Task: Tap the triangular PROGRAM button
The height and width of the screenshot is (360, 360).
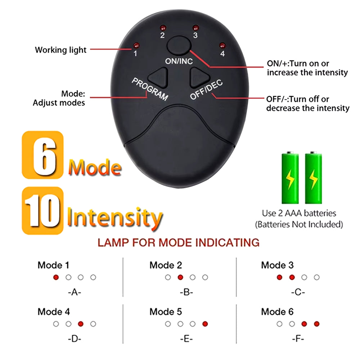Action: point(159,77)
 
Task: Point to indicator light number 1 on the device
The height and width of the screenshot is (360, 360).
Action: point(136,45)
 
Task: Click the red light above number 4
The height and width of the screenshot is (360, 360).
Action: point(222,45)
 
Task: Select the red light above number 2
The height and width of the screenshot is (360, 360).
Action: point(163,28)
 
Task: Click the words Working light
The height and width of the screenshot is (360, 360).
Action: point(60,50)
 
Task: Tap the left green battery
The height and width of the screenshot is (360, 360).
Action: point(290,177)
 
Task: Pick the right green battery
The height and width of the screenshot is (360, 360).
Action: point(314,177)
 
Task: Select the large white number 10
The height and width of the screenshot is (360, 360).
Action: point(43,211)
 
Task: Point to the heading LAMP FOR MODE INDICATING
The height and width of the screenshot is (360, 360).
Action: point(179,243)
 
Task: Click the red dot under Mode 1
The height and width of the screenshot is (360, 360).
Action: point(56,277)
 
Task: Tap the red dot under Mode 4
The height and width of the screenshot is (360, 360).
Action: point(81,324)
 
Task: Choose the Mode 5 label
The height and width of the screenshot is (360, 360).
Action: point(166,312)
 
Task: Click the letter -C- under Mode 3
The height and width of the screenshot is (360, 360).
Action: point(298,292)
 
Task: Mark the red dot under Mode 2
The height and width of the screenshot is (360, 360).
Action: point(180,277)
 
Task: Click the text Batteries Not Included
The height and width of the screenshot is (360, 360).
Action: point(299,224)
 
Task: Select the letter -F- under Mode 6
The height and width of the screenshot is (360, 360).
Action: point(298,339)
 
